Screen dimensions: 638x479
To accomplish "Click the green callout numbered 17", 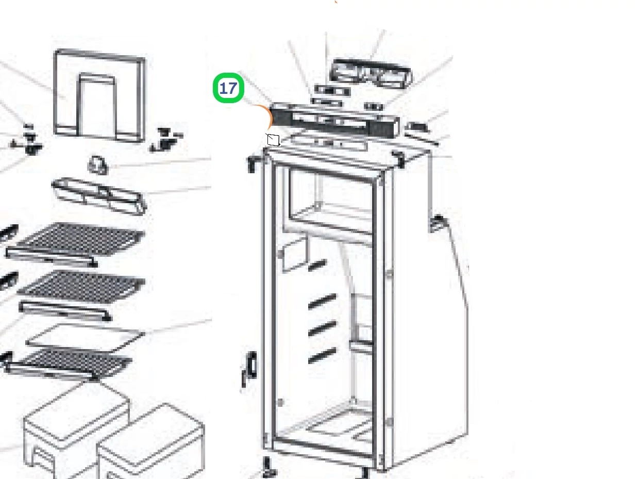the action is click(228, 88).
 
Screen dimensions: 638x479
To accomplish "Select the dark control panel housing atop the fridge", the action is click(334, 120).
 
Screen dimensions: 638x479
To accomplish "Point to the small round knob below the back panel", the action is click(98, 165).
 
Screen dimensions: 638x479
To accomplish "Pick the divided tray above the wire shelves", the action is click(99, 196).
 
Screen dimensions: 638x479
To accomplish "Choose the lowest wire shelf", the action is click(69, 365).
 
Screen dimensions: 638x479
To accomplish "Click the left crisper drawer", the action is click(76, 431).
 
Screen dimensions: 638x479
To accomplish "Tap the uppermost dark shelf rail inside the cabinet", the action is click(317, 265).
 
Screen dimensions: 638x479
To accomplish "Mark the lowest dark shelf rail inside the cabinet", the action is click(322, 355).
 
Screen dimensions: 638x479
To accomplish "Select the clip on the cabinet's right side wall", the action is click(438, 223).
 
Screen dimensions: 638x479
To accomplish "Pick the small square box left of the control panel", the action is click(273, 140).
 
